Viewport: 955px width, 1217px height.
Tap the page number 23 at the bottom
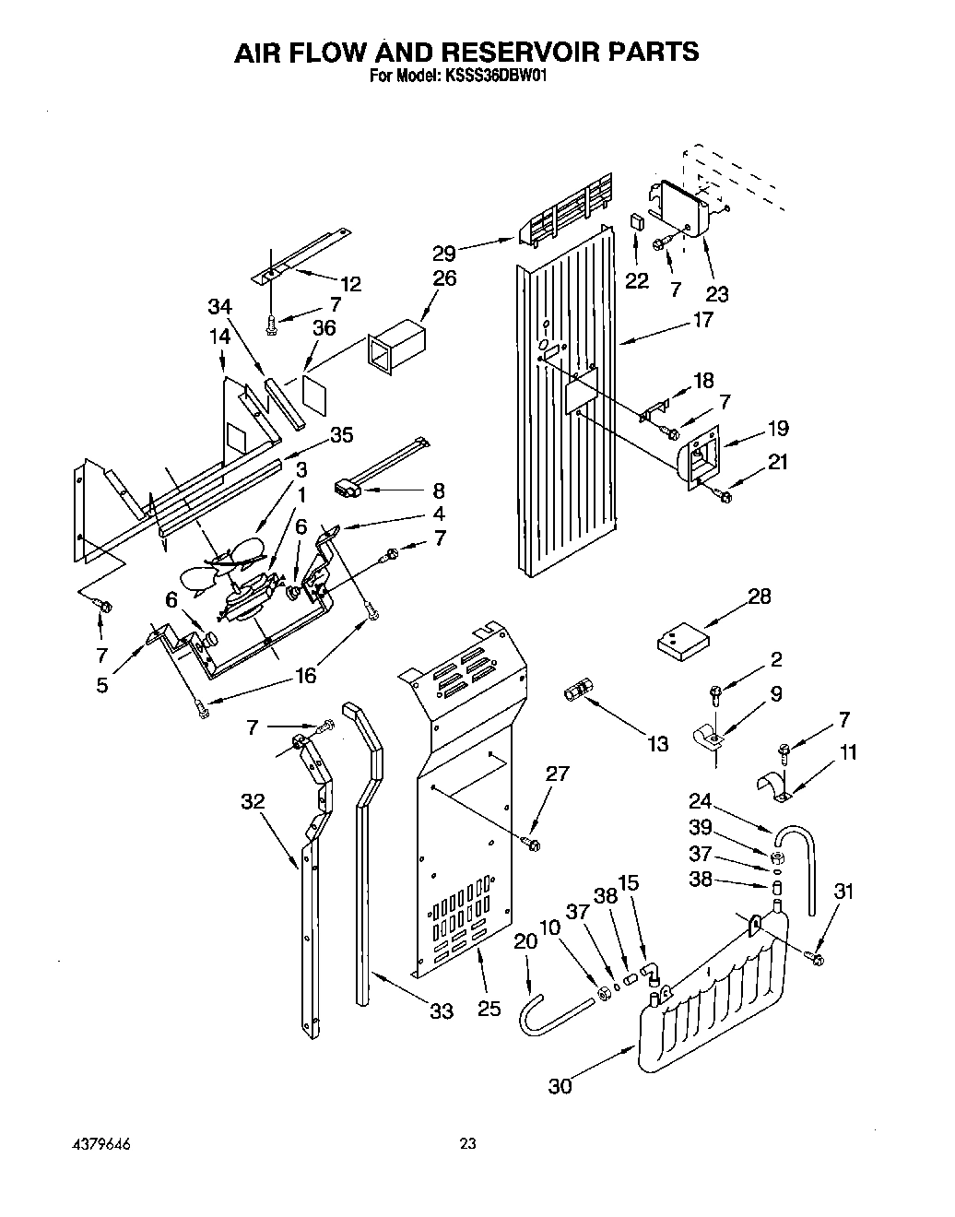(468, 1144)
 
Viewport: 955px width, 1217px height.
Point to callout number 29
(443, 253)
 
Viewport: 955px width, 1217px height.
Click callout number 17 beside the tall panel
(702, 321)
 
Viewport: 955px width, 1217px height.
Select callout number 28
(759, 597)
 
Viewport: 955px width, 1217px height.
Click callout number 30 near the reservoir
(560, 1086)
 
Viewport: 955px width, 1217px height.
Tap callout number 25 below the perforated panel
(489, 1009)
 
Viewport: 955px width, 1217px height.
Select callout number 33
(442, 1011)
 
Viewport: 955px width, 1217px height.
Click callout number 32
(253, 802)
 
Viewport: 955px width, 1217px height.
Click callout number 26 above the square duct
(444, 278)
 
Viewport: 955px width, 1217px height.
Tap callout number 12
(350, 284)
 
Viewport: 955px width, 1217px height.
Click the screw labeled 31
(816, 959)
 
